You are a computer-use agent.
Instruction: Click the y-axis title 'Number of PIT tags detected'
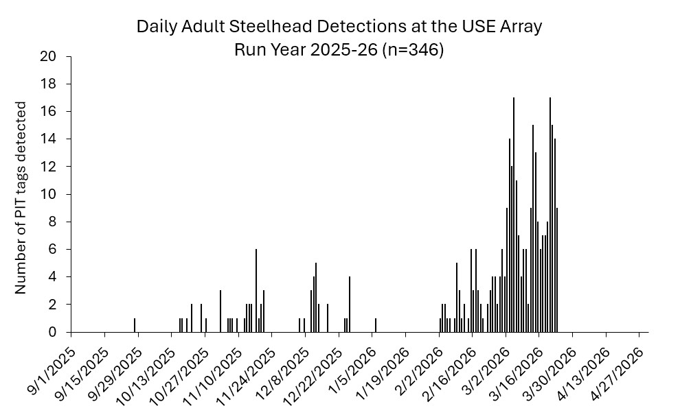(x=21, y=198)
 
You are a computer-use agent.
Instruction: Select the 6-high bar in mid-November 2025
(x=256, y=291)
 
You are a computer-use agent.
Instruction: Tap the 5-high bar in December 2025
(x=316, y=298)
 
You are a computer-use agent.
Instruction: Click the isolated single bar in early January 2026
(x=376, y=325)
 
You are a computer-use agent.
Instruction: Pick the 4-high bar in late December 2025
(x=350, y=305)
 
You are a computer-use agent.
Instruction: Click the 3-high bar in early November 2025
(x=220, y=311)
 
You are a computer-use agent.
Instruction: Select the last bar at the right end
(x=557, y=270)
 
